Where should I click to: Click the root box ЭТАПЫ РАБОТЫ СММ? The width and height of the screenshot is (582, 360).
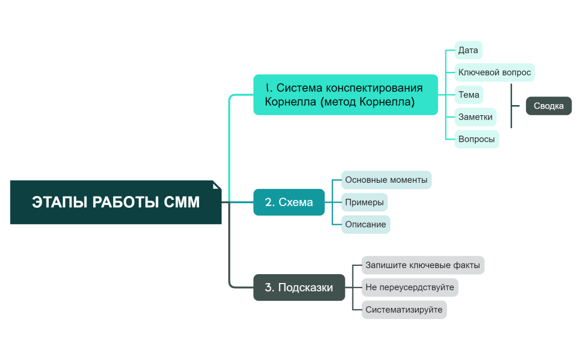pos(115,202)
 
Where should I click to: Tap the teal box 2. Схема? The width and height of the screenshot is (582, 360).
pos(289,202)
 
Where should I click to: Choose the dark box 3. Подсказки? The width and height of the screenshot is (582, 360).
pos(299,287)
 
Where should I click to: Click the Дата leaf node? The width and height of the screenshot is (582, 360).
pos(468,50)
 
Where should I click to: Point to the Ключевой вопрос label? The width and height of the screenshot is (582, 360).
pos(494,73)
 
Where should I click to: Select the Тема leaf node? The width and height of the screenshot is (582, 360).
pos(468,95)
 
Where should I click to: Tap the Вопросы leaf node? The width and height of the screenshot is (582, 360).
pos(476,139)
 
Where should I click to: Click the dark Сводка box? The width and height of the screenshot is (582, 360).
pos(548,106)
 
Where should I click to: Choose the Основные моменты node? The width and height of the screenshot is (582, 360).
pos(386,180)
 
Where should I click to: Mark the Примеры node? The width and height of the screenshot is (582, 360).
pos(364,202)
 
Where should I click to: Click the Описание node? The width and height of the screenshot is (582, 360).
pos(365,224)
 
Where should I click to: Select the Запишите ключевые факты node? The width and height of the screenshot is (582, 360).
pos(422,265)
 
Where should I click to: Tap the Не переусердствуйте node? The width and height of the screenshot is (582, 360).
pos(410,287)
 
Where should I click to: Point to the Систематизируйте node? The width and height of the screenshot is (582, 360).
pos(404,310)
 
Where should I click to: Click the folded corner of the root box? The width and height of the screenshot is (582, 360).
pos(217,185)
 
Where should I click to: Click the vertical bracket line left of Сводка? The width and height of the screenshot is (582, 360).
pos(511,106)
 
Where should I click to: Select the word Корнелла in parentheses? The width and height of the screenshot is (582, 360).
pos(385,102)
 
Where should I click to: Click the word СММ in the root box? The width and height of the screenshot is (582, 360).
pos(182,202)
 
